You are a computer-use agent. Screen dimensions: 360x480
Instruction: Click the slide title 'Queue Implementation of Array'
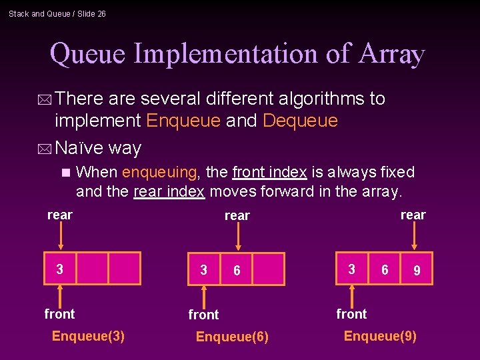[237, 54]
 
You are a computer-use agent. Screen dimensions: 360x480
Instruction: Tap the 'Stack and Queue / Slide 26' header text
[57, 13]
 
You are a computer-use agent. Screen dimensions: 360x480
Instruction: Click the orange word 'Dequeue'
[301, 121]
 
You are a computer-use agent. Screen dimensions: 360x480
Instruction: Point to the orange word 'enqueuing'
[159, 172]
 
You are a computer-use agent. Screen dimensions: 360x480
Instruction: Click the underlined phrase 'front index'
[269, 172]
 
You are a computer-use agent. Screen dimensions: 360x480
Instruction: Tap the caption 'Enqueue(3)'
[88, 335]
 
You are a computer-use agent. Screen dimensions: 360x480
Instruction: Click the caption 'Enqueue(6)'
[232, 337]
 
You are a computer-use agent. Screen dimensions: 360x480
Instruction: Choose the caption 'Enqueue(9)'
[380, 335]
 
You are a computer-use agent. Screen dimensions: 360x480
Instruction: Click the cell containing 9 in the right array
[416, 269]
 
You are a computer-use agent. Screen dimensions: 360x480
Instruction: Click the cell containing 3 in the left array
[60, 269]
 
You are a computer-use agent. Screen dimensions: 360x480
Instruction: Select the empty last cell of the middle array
[268, 269]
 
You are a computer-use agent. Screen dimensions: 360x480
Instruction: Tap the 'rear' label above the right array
[413, 215]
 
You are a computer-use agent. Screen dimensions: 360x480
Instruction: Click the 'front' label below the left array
[59, 313]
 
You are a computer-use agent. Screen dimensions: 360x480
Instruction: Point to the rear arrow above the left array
[61, 236]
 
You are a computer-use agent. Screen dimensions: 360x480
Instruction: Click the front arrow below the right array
[352, 294]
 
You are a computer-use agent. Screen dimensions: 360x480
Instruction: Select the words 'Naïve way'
[98, 147]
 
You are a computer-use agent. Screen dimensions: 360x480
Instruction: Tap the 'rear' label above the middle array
[237, 215]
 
